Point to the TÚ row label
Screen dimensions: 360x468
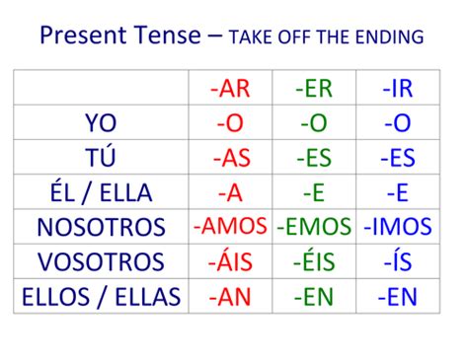pos(101,157)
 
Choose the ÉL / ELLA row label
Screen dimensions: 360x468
pos(101,192)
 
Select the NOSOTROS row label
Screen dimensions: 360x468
pos(101,228)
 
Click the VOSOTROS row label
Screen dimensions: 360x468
pos(101,262)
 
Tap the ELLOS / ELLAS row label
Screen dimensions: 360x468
pos(101,297)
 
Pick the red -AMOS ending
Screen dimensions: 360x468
pos(230,227)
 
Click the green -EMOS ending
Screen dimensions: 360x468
pos(314,228)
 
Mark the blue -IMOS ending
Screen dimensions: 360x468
pos(398,228)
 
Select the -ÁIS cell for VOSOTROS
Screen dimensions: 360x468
pos(230,262)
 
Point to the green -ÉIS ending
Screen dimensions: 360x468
pos(314,262)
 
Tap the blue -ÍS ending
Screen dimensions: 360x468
pos(398,262)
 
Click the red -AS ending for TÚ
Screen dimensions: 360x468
pos(230,157)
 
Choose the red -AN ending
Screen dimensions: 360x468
pos(230,297)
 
